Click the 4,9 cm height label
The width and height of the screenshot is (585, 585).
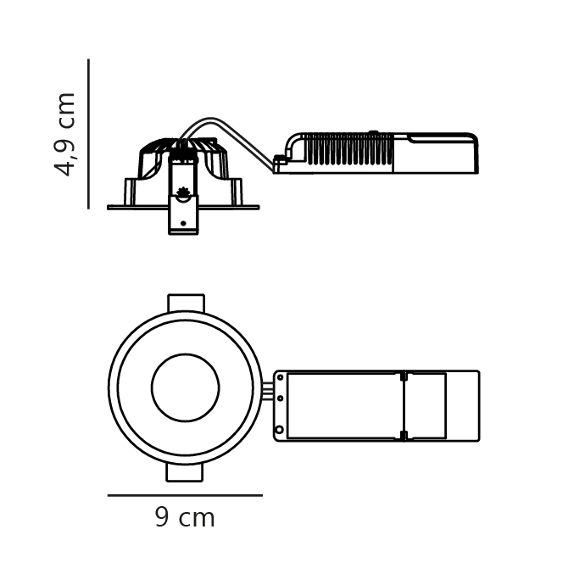click(65, 134)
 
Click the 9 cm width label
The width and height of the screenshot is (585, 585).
click(185, 518)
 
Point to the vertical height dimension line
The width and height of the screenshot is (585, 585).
click(88, 134)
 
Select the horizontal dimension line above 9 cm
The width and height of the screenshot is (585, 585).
click(185, 495)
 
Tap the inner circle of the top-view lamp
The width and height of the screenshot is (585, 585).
click(185, 387)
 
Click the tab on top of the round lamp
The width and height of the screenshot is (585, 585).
click(186, 303)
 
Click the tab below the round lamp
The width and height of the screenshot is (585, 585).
click(185, 472)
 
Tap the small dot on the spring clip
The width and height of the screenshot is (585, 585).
click(183, 223)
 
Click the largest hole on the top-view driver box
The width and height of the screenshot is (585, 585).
click(280, 430)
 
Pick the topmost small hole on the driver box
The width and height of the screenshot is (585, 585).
click(281, 377)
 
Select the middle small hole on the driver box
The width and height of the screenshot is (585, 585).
click(281, 398)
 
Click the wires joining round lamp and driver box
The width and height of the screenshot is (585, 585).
click(268, 391)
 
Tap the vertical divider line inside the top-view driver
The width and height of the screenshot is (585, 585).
click(404, 405)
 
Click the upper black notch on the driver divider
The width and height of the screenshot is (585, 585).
click(404, 376)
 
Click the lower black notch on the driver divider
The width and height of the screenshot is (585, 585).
click(404, 435)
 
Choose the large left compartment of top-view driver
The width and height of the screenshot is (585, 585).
click(343, 405)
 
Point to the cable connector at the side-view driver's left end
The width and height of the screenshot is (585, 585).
click(280, 161)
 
